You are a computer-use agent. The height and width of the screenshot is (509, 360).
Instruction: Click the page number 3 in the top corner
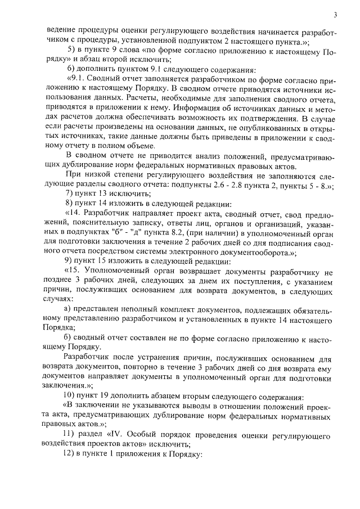pos(335,15)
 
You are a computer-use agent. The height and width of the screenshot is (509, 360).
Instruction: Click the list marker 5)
pos(70,50)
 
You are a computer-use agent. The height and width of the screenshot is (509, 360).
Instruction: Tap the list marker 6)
pos(70,70)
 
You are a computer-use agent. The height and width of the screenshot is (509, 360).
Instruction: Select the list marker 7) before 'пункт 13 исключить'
pos(70,192)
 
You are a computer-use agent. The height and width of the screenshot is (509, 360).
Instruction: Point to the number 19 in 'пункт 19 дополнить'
pos(111,397)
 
